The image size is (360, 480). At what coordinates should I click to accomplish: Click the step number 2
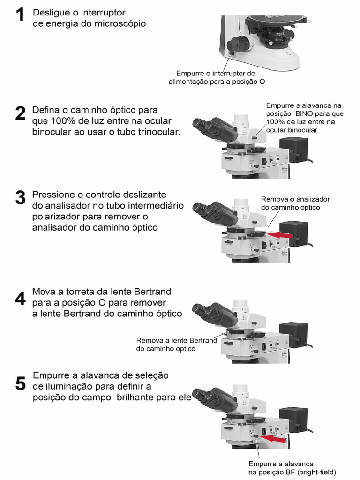click(x=20, y=114)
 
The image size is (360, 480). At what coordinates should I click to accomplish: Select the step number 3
click(x=20, y=197)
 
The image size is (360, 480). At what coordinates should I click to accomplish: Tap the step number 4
click(x=20, y=299)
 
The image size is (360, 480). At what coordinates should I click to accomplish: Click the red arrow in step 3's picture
click(x=281, y=233)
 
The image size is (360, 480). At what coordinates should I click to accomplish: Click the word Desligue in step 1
click(x=51, y=13)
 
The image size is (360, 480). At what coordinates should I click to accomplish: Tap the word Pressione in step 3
click(x=52, y=195)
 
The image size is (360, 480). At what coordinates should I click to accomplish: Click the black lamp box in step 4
click(x=293, y=334)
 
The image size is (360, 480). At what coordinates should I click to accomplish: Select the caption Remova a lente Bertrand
click(x=177, y=340)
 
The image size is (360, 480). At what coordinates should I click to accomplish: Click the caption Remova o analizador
click(x=295, y=199)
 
